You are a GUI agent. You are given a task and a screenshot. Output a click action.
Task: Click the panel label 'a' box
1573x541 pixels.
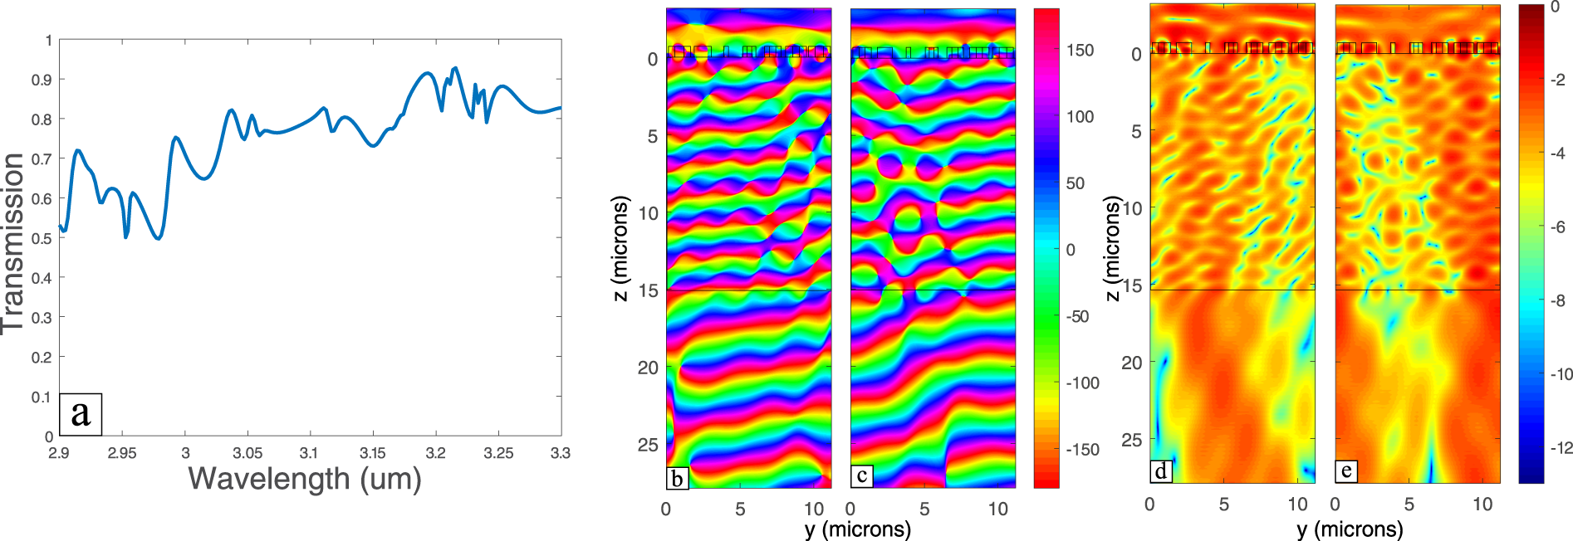tap(81, 414)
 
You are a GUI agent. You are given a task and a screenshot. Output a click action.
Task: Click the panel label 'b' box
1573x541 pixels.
tap(677, 478)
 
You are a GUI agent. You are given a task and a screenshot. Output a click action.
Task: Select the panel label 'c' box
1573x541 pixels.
tap(862, 475)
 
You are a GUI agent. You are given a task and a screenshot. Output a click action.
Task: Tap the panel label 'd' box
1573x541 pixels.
tap(1160, 471)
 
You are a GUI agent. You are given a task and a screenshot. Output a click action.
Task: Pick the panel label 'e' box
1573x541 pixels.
tap(1345, 471)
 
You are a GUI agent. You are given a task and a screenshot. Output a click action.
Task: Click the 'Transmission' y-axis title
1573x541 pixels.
tap(12, 242)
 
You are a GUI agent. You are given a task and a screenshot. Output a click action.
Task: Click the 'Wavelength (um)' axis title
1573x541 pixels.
tap(305, 479)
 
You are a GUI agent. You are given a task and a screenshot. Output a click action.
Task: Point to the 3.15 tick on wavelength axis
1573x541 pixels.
tap(372, 453)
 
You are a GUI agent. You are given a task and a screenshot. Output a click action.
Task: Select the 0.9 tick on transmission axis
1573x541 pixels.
tap(42, 80)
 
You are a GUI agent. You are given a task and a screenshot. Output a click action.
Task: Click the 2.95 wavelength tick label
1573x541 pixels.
tap(122, 453)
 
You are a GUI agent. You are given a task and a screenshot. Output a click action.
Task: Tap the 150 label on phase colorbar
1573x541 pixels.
tap(1081, 51)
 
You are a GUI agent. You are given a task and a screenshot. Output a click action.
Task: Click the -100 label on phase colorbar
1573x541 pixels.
tap(1083, 383)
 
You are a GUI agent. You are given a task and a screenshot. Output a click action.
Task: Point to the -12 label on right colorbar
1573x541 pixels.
tap(1561, 448)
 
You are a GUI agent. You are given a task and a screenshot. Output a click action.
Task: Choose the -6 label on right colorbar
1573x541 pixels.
tap(1558, 227)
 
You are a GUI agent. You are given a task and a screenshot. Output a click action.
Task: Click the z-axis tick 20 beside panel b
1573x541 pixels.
tap(648, 368)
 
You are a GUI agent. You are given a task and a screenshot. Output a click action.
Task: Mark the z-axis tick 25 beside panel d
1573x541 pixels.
tap(1131, 440)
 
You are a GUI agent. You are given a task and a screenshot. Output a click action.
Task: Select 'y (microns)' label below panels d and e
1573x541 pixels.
tap(1350, 529)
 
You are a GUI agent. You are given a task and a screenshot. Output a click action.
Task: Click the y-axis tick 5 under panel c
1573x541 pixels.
tap(924, 509)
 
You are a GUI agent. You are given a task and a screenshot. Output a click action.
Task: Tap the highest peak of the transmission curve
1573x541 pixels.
tap(454, 68)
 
